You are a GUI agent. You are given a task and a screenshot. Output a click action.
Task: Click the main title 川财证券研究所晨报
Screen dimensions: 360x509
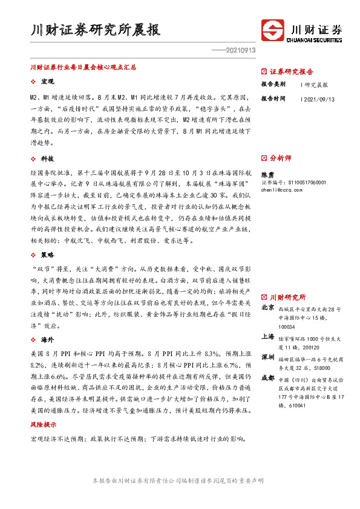tap(96, 30)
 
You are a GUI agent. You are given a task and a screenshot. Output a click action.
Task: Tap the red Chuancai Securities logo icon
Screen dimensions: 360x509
tap(274, 30)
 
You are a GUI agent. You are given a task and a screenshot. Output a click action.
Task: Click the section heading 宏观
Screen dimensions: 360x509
tap(47, 81)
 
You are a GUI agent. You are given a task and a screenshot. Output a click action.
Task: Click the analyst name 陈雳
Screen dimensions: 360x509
tap(267, 174)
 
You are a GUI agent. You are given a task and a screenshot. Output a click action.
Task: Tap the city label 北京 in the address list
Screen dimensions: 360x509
tap(267, 308)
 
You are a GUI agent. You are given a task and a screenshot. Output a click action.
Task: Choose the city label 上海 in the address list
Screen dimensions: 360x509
tap(267, 336)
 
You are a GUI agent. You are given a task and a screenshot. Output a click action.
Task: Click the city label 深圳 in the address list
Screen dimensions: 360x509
tap(267, 357)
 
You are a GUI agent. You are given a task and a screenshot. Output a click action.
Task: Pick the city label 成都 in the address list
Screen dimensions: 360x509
tap(267, 378)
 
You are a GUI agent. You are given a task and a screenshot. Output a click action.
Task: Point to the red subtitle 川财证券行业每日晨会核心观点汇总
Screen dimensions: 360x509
tap(83, 68)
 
